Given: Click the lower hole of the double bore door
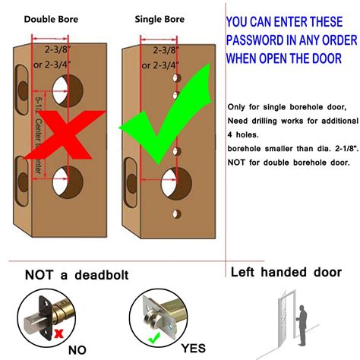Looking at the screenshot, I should coord(68,182).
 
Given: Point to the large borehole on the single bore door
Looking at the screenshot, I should coord(175,183).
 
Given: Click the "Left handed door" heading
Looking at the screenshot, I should coord(286,273).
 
